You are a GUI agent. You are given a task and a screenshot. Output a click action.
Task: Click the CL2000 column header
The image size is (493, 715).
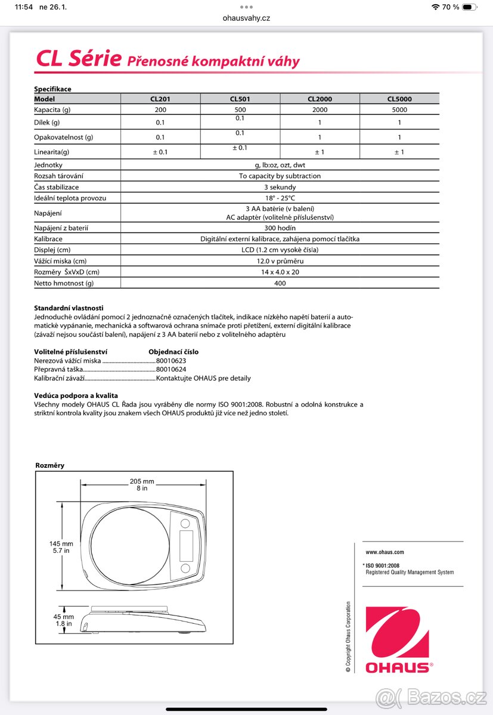(320, 99)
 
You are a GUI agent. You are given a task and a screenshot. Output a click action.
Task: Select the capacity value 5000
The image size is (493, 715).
(399, 110)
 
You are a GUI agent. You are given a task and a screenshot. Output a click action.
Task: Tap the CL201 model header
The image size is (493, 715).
(160, 99)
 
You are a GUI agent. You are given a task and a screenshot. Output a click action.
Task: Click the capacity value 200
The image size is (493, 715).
(160, 110)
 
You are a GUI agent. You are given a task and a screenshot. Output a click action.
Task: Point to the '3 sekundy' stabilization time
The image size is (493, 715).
(280, 187)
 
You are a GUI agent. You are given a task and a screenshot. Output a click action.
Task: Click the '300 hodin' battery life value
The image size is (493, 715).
(280, 228)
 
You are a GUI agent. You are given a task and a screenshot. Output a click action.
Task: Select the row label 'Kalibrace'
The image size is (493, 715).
(48, 239)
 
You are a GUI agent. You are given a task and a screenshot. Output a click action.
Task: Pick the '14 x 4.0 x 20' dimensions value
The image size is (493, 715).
(280, 272)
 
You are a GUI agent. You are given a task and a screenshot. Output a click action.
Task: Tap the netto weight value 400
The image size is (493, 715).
(280, 283)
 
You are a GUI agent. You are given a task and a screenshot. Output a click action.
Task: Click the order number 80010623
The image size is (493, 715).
(171, 360)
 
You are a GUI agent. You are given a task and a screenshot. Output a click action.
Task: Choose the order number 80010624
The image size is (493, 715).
(171, 369)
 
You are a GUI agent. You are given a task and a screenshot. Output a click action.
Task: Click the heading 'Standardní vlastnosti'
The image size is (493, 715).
(69, 307)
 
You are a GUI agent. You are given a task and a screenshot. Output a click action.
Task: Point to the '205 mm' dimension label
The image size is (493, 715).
(142, 481)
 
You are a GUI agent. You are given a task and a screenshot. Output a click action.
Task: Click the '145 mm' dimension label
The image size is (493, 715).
(61, 543)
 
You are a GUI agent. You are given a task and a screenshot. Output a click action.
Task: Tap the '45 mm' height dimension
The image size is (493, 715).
(64, 617)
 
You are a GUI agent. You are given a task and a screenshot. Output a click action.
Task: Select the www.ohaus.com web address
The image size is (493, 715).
(385, 552)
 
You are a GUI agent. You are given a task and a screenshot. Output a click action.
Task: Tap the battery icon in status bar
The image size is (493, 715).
(470, 7)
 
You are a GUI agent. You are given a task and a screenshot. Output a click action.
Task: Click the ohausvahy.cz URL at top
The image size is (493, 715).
(246, 18)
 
